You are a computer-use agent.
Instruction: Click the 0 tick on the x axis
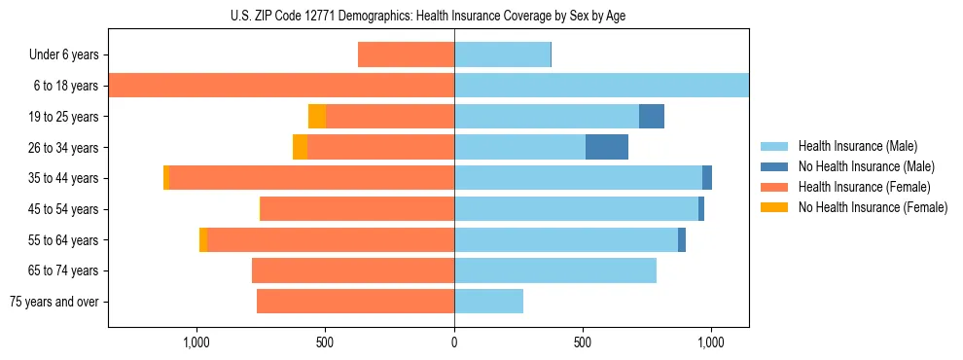(454, 342)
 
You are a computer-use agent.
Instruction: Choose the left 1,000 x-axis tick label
(197, 342)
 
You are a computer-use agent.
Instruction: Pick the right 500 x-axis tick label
(583, 342)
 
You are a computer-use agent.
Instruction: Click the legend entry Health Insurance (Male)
(857, 146)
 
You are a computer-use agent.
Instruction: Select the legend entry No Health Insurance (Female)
(873, 207)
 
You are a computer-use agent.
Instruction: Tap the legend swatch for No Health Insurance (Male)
(775, 166)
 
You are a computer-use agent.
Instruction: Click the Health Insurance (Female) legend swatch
(775, 187)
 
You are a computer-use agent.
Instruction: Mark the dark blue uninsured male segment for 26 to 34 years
(607, 147)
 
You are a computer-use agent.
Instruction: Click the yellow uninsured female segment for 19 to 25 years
(317, 116)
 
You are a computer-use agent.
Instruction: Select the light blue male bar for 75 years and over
(488, 302)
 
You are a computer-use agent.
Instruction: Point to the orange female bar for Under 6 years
(406, 54)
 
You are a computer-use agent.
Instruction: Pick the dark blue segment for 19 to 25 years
(652, 116)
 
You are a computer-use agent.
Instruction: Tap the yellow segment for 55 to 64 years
(203, 239)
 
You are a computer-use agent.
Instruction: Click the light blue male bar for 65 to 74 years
(554, 270)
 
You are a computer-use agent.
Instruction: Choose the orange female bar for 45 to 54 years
(357, 209)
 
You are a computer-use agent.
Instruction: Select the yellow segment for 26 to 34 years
(300, 147)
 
